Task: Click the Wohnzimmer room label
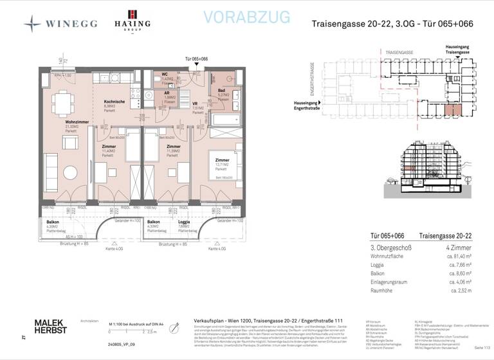[x=58, y=122]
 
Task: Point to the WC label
[x=165, y=75]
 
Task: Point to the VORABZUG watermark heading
[x=246, y=17]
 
